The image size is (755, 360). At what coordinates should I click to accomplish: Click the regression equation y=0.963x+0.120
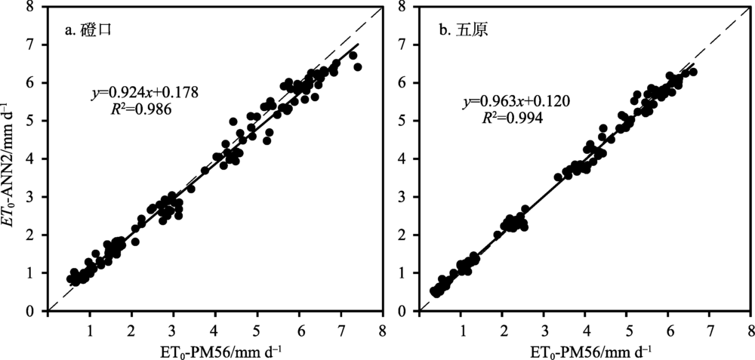507,102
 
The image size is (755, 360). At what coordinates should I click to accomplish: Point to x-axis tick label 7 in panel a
341,330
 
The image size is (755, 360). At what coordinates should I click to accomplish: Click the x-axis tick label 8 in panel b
750,330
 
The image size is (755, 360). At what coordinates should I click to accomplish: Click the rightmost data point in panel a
357,67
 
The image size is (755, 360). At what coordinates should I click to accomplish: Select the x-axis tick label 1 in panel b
461,330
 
